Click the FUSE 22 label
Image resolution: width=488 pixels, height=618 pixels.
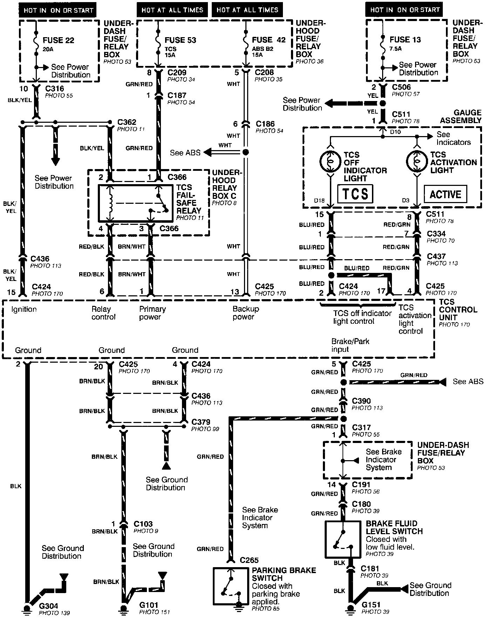coord(58,40)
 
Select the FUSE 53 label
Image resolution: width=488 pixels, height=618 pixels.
coord(180,40)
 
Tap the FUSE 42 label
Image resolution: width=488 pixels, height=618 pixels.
coord(269,40)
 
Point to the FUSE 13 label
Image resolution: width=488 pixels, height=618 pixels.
coord(405,40)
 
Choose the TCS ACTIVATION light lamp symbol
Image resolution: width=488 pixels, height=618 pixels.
coord(416,161)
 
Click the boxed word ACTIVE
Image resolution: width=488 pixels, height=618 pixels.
coord(445,194)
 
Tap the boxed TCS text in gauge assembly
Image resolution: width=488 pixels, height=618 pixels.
coord(355,194)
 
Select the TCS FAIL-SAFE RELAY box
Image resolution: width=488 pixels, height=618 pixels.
coord(135,203)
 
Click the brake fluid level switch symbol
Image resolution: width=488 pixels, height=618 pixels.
coord(343,539)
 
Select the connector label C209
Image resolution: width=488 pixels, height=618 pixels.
coord(177,73)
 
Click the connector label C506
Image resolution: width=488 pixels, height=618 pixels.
coord(401,87)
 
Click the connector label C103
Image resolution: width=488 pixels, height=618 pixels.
coord(143,524)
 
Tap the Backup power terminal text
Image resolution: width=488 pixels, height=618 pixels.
coord(245,313)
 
